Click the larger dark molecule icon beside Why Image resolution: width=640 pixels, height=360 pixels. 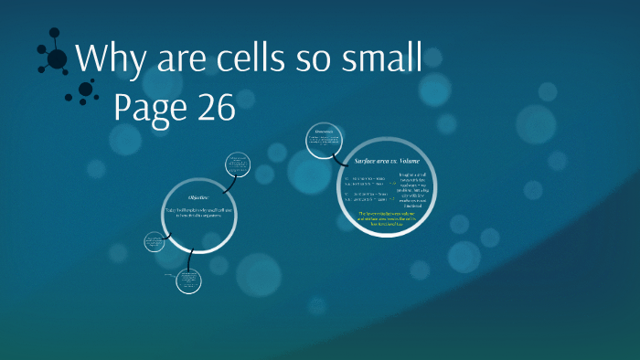[x=55, y=58]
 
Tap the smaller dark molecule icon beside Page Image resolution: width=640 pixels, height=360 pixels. [x=87, y=90]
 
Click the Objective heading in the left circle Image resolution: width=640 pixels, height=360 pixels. [x=199, y=197]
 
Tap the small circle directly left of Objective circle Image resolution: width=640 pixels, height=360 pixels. [x=153, y=242]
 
